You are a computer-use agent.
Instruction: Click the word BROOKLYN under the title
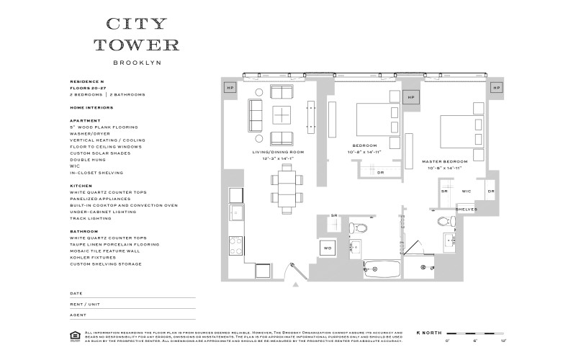pyautogui.click(x=142, y=63)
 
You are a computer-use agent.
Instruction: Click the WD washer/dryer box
pyautogui.click(x=327, y=248)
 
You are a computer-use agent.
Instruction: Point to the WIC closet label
pyautogui.click(x=466, y=192)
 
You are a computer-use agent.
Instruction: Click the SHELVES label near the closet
pyautogui.click(x=467, y=210)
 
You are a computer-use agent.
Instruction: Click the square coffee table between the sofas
pyautogui.click(x=282, y=115)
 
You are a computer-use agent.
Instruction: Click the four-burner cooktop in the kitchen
pyautogui.click(x=237, y=244)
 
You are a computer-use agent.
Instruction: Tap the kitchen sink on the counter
pyautogui.click(x=237, y=213)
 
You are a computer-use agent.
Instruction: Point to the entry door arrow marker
pyautogui.click(x=296, y=285)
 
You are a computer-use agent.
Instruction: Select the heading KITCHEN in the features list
pyautogui.click(x=81, y=185)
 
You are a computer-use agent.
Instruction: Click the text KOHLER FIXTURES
pyautogui.click(x=94, y=257)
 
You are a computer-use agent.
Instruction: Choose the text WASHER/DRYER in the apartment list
pyautogui.click(x=91, y=133)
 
